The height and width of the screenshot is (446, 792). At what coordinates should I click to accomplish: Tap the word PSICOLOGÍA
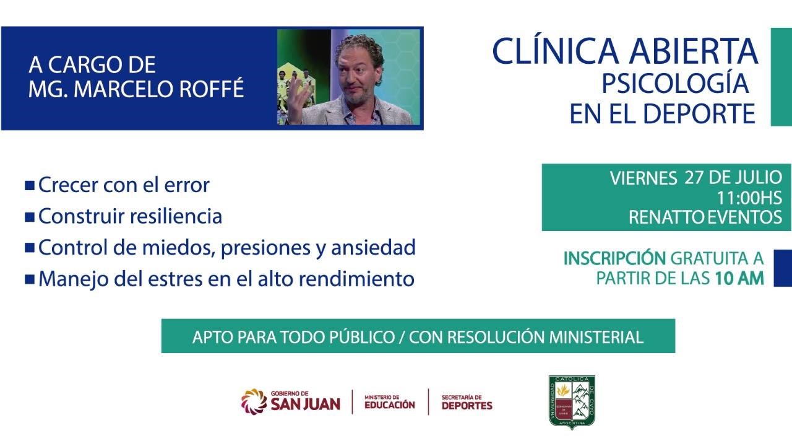click(x=675, y=84)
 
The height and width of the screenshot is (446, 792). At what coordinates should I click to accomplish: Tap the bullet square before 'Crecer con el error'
click(x=29, y=185)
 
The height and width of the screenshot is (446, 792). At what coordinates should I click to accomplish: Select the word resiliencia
click(x=176, y=216)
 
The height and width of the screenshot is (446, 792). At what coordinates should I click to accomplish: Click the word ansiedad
click(x=373, y=247)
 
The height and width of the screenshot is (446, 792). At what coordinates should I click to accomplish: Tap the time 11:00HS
click(x=749, y=198)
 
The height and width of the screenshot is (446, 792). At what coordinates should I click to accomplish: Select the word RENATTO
click(x=666, y=217)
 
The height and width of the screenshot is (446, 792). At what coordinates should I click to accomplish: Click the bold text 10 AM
click(x=739, y=278)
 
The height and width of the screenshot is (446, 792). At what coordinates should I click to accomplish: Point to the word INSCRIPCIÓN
click(x=614, y=258)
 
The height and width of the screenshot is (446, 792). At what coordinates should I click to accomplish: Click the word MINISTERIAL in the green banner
click(x=596, y=337)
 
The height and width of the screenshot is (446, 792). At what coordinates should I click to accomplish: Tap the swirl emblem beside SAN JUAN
click(x=254, y=401)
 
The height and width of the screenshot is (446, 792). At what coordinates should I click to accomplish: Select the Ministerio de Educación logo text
click(x=390, y=402)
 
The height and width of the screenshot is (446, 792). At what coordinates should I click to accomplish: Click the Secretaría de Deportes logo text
click(x=467, y=402)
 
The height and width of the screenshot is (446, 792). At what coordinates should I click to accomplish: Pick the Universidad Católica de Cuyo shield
click(x=572, y=402)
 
